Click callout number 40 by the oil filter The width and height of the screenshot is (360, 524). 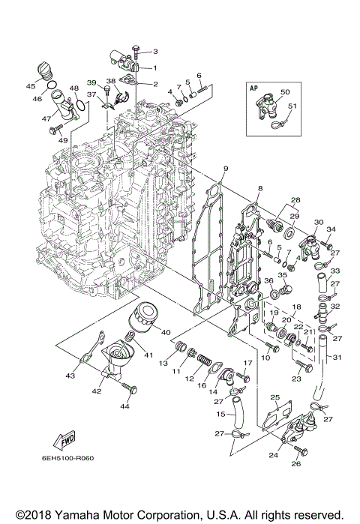tap(166, 332)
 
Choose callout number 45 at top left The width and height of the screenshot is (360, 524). tap(31, 85)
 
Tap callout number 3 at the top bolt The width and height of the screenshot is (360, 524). tap(155, 51)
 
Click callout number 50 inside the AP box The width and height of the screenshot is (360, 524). tap(285, 92)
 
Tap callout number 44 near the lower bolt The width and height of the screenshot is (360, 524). tap(124, 406)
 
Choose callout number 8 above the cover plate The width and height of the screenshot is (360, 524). tap(259, 187)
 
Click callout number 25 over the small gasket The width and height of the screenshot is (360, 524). tap(274, 397)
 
